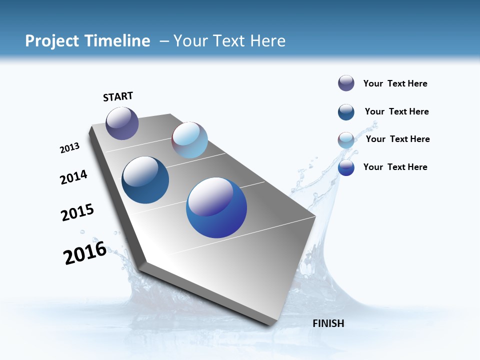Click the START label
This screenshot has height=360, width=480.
click(x=118, y=96)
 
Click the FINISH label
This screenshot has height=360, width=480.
click(x=328, y=323)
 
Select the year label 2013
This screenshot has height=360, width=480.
click(x=70, y=148)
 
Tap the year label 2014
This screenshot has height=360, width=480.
click(x=74, y=177)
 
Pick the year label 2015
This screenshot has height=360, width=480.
click(x=77, y=212)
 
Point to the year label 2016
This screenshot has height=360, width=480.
click(x=85, y=253)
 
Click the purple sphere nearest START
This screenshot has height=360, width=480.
click(x=122, y=123)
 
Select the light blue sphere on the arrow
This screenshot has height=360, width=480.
click(x=189, y=140)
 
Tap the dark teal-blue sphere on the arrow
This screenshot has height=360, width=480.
click(x=145, y=180)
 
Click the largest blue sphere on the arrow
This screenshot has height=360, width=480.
click(x=216, y=207)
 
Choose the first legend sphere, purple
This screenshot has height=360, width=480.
click(x=346, y=83)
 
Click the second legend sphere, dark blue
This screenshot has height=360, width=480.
click(x=346, y=111)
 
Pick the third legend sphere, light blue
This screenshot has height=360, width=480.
click(x=346, y=140)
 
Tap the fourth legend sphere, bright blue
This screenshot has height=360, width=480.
click(x=346, y=167)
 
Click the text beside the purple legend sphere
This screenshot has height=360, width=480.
click(x=395, y=83)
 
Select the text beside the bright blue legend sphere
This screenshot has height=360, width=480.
click(x=395, y=167)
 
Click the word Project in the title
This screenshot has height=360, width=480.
click(x=52, y=40)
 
